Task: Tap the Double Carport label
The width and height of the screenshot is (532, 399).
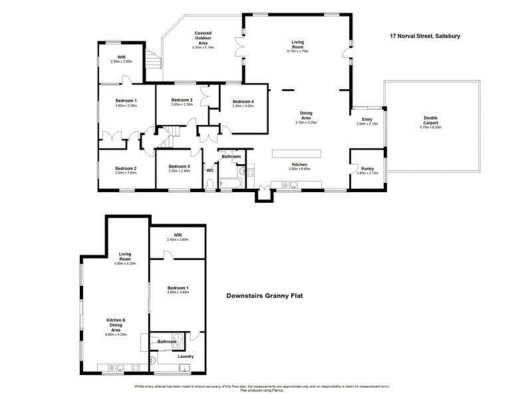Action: click(x=431, y=123)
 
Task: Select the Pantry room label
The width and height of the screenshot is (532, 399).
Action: click(x=367, y=170)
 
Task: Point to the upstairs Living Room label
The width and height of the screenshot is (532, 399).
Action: click(x=297, y=46)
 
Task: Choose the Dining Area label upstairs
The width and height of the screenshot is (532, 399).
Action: click(x=307, y=117)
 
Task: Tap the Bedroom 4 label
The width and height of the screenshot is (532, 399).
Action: click(x=243, y=102)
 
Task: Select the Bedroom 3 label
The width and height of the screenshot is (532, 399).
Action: click(x=182, y=102)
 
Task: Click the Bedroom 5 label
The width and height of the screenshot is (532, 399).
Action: click(x=180, y=168)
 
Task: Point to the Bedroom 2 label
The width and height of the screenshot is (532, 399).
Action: click(x=125, y=170)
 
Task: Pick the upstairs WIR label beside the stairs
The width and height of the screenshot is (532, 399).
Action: click(x=122, y=59)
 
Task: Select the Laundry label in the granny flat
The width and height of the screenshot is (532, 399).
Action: click(x=186, y=356)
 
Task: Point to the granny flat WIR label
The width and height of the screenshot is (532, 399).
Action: click(x=177, y=237)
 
